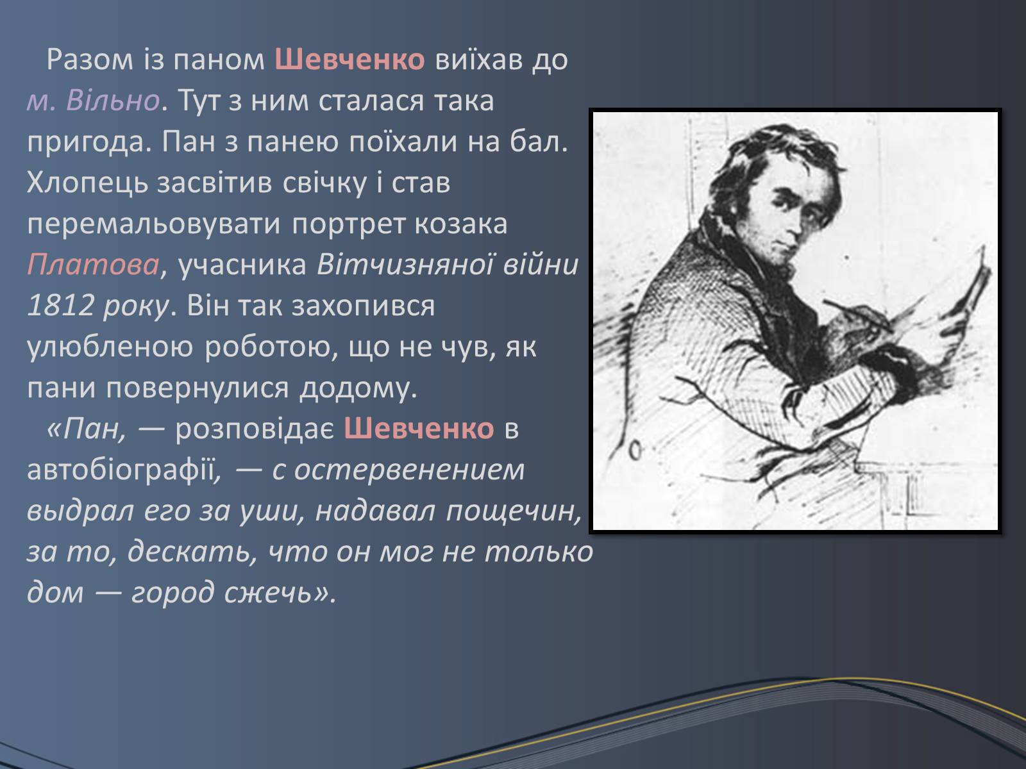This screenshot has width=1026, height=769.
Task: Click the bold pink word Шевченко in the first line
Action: pos(349,60)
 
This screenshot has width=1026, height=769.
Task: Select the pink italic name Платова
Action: pos(93,265)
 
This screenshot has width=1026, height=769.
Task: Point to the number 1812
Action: pos(61,306)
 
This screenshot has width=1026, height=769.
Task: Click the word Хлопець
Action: pos(87,183)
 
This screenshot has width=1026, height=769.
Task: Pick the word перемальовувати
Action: pos(154,224)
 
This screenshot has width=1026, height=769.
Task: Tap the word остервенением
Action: pos(410,470)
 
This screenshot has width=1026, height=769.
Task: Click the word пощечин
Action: pos(513,511)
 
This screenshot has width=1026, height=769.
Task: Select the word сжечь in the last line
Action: pos(268,593)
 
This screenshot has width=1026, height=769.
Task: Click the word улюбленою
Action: pos(110,347)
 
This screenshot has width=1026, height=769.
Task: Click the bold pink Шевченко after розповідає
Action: pos(419,429)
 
